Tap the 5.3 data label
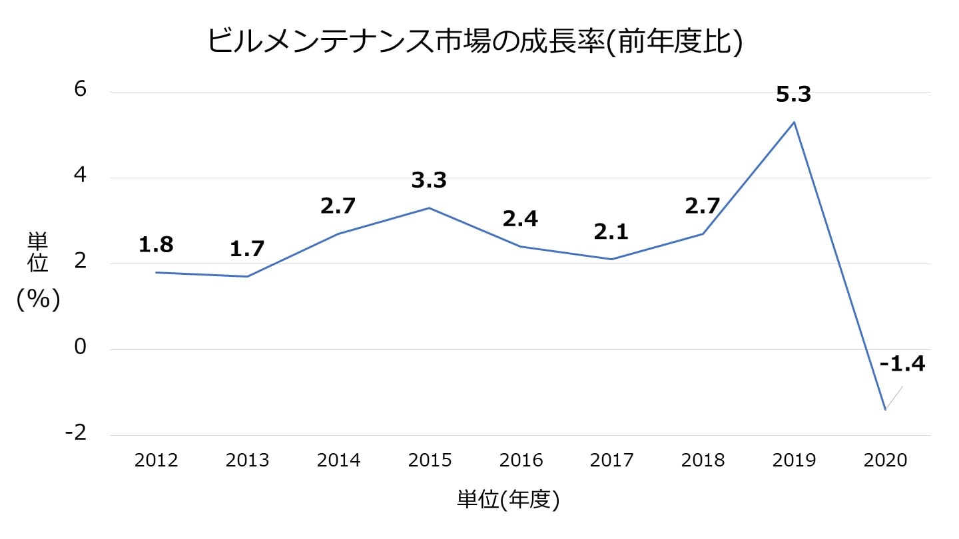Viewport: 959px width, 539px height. [793, 95]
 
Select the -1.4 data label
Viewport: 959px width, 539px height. [902, 364]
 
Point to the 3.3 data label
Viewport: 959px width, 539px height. [429, 180]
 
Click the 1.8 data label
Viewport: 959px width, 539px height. [156, 245]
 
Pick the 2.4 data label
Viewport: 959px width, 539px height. [520, 219]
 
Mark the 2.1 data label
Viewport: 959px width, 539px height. [611, 232]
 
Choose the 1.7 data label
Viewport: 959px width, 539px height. [247, 250]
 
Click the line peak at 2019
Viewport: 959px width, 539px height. [794, 122]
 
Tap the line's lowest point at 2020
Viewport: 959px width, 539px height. [885, 410]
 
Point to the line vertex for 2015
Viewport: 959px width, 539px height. [430, 208]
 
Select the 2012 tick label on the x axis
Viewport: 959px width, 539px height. [156, 460]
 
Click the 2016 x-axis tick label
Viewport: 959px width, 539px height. [521, 460]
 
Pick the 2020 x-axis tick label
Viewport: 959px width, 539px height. [885, 460]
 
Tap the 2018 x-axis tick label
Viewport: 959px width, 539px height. [703, 460]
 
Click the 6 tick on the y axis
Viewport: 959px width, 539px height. [80, 90]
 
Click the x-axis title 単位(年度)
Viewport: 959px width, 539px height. [508, 500]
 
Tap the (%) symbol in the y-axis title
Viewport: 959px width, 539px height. [39, 300]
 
